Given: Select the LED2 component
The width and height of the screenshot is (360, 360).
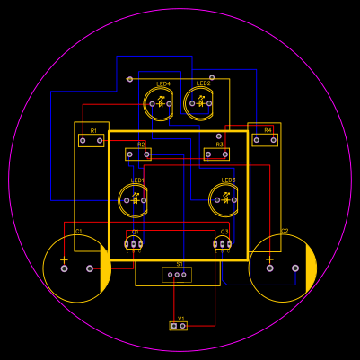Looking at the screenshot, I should point(199,103).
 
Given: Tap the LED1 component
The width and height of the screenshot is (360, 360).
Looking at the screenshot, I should point(135,200).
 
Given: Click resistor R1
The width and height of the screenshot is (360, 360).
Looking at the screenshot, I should point(91,140).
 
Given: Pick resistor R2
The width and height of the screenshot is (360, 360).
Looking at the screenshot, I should point(138,154).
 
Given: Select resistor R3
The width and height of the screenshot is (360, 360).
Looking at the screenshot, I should point(216,154).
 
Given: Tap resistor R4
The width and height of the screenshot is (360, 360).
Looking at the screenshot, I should point(265,140).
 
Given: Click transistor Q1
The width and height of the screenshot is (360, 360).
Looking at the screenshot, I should point(135,244).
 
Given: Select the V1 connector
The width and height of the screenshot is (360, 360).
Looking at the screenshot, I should point(179,325).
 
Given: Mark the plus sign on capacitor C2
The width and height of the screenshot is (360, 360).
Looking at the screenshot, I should point(269,259).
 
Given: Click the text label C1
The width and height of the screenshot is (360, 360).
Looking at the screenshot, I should point(78,232).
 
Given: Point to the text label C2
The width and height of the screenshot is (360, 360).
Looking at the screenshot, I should point(284,232).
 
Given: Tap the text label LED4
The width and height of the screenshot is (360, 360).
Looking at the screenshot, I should point(163,84).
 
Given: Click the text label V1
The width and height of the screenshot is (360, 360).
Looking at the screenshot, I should point(180,318).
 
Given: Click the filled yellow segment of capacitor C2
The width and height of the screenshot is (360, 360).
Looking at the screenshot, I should point(312,268).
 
